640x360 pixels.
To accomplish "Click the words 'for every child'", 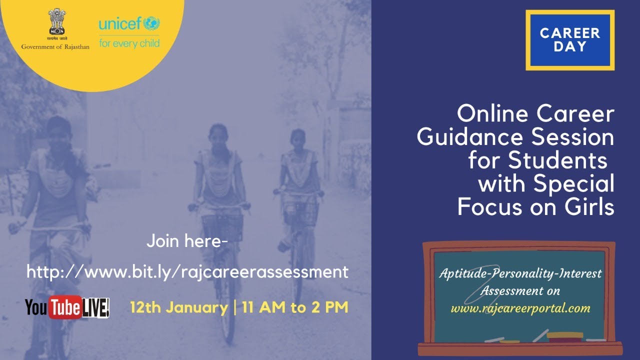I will click(x=129, y=43).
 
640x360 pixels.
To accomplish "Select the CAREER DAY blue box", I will click(x=570, y=40).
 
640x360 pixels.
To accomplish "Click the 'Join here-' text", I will click(x=187, y=241).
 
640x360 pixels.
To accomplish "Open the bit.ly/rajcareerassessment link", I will click(x=187, y=272).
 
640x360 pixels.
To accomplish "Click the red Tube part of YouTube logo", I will click(x=64, y=308).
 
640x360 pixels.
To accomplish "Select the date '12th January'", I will click(x=178, y=307).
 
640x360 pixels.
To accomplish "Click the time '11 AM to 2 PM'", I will click(x=295, y=307).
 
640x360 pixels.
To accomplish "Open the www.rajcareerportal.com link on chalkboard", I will click(x=520, y=308).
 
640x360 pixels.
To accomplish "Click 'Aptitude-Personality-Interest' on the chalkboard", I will click(x=520, y=273).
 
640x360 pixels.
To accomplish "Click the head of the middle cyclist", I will click(x=218, y=135).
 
